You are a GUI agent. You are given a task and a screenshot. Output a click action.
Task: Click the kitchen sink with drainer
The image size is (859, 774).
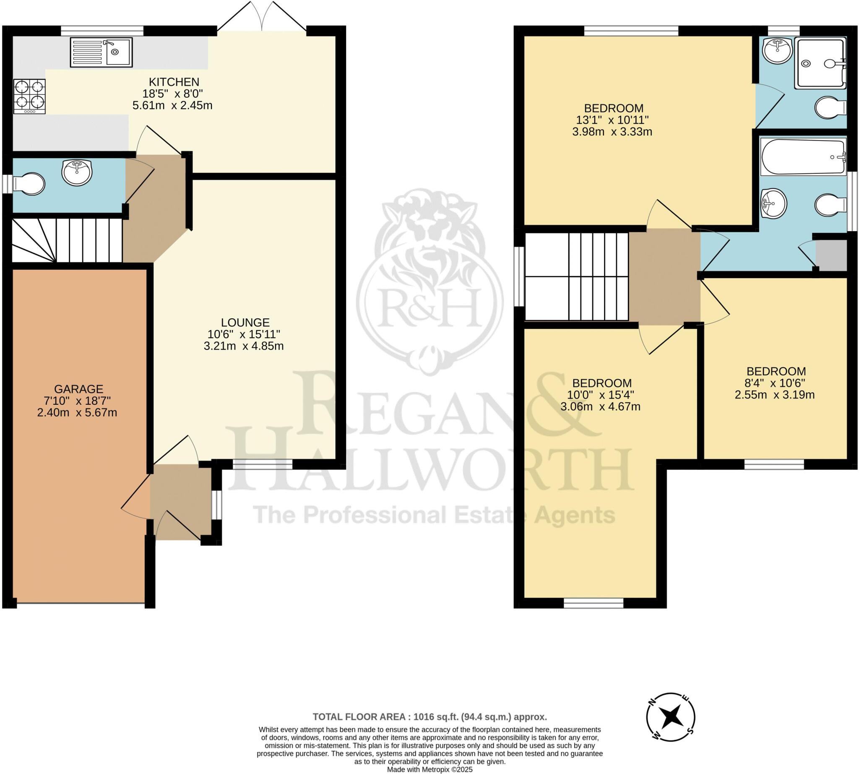pos(101,52)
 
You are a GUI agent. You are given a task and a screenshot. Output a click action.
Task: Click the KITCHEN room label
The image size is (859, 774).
pos(174,82)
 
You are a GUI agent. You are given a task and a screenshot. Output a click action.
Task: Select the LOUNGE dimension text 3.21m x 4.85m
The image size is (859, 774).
pos(244,346)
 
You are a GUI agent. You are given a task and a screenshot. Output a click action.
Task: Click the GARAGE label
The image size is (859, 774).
pos(79,389)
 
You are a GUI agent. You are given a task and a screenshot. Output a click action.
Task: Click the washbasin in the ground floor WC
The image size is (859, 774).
pos(77,173)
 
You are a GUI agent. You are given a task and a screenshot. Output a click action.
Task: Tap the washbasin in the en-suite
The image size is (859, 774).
pos(777,51)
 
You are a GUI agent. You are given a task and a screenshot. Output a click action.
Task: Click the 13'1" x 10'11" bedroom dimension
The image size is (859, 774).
pos(612,120)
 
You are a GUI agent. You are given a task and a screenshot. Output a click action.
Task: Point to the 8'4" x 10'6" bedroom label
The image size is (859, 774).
pos(776,371)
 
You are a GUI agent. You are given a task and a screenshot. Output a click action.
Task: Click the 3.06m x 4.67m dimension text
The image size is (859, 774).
pos(601,407)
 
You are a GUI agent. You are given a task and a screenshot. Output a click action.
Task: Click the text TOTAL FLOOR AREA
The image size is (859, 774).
pos(359,717)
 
